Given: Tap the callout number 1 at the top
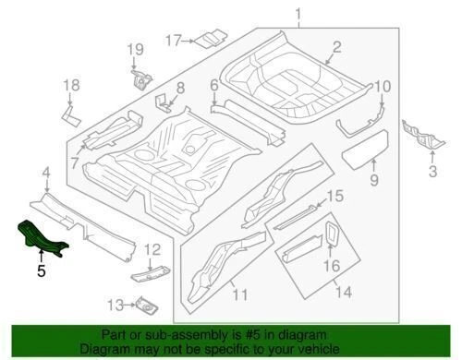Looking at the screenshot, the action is [298, 13].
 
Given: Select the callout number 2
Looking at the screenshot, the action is [336, 46].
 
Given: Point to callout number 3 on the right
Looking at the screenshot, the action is [431, 171].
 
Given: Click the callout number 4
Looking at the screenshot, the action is [45, 172].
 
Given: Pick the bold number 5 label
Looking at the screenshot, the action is [40, 271].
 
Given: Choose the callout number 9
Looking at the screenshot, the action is [374, 178].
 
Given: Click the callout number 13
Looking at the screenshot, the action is [115, 305].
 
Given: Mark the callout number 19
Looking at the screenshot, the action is [135, 49].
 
